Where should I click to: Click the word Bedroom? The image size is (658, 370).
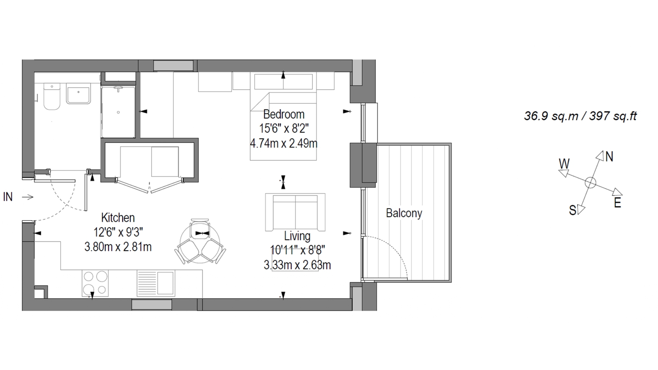tap(284, 114)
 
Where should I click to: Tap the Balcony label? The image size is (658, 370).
tap(404, 213)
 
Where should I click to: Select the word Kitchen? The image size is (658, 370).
tap(118, 218)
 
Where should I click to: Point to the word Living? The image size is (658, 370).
tap(297, 236)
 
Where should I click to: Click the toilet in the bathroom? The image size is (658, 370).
tap(52, 96)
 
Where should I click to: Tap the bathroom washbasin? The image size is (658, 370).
tap(78, 93)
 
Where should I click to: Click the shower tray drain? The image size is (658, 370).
tap(118, 112)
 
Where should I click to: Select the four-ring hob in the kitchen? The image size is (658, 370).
tap(95, 283)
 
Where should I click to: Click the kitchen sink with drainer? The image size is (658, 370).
tap(156, 283)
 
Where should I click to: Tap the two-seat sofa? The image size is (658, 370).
tap(295, 212)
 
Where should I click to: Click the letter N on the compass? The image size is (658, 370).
tap(609, 157)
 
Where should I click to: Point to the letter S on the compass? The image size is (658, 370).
tap(572, 210)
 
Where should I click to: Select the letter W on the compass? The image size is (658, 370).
tap(564, 163)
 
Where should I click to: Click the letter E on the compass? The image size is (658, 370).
tap(618, 203)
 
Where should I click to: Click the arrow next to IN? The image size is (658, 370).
tap(28, 197)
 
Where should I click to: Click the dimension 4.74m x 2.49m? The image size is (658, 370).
tap(284, 143)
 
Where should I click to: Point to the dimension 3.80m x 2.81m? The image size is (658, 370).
tap(118, 247)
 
